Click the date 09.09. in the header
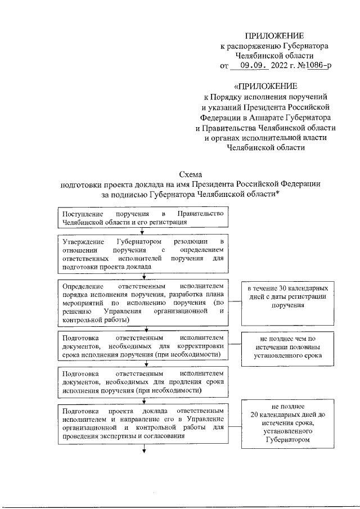click(253, 66)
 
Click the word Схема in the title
click(190, 174)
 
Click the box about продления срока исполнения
click(144, 382)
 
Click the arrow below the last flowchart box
click(146, 448)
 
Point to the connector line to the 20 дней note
click(235, 422)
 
